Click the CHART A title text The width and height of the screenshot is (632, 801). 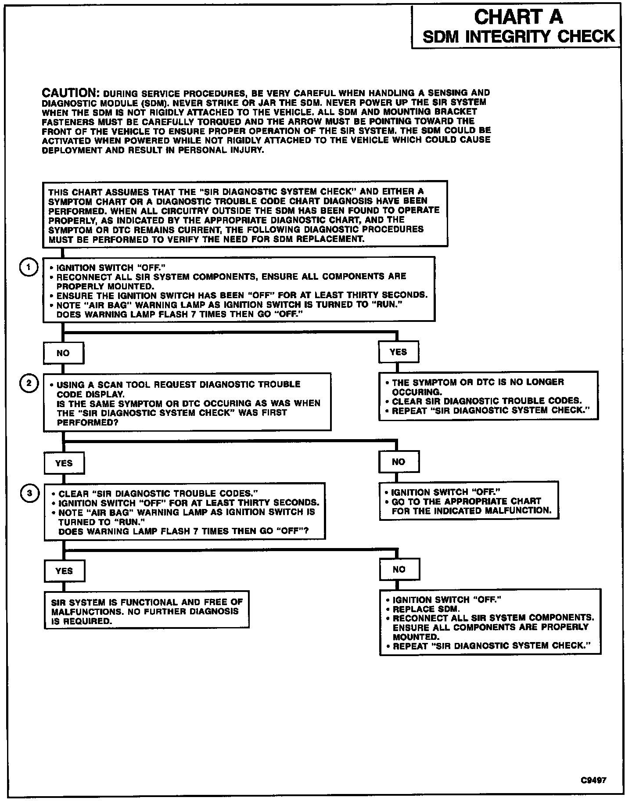[518, 18]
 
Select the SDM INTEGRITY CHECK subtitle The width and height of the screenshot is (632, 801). [519, 36]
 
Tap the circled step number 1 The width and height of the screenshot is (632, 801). [29, 267]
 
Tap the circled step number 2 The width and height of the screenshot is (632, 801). [29, 383]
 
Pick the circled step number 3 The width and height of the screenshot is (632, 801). [29, 493]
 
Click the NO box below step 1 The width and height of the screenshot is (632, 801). [63, 353]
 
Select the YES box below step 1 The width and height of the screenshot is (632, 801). [398, 352]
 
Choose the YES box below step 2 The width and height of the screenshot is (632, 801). [64, 463]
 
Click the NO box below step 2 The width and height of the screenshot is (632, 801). [399, 462]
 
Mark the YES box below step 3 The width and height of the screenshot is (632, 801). [64, 571]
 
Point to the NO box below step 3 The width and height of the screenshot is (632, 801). [399, 570]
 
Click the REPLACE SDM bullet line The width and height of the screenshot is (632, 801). [426, 609]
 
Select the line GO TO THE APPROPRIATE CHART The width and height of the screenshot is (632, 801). [466, 501]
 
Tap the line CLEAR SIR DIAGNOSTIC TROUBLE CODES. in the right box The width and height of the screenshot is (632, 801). [486, 401]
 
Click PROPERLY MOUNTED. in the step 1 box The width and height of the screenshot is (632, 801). [105, 286]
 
